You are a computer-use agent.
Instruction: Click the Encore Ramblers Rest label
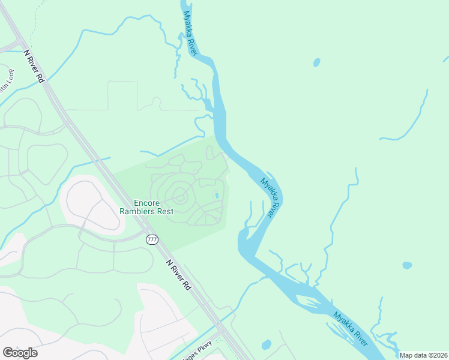(154, 207)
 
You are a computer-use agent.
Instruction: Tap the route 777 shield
(152, 239)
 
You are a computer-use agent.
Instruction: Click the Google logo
(20, 353)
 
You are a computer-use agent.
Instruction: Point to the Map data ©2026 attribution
(424, 355)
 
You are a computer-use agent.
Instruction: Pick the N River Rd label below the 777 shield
(178, 275)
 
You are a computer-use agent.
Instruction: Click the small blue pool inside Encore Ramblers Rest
(216, 196)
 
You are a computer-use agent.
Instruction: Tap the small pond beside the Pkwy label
(267, 344)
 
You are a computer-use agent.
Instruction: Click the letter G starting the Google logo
(8, 353)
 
